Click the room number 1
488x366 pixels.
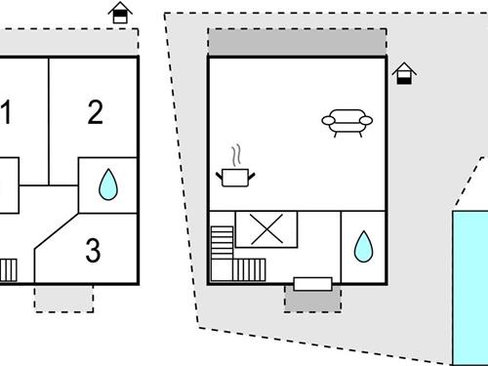(6, 112)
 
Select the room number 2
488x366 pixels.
(96, 112)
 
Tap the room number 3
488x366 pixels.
(93, 250)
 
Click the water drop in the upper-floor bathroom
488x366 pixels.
(108, 184)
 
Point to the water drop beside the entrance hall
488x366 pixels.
(363, 247)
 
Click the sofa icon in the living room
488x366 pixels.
(347, 123)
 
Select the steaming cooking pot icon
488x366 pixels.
(235, 166)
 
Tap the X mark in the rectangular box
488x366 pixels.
(266, 229)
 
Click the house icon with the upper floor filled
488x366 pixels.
(120, 13)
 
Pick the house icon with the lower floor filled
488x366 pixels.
(404, 73)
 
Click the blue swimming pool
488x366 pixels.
(470, 288)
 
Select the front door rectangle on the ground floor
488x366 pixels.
(312, 284)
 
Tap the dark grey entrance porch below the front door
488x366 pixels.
(312, 300)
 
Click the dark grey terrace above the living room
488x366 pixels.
(297, 42)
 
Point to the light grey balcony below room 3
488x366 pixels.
(64, 299)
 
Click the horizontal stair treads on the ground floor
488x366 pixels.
(222, 242)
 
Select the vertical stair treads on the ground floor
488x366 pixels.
(249, 269)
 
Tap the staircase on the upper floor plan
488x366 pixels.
(8, 270)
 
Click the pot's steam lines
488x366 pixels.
(237, 155)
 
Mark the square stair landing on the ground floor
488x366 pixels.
(222, 270)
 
